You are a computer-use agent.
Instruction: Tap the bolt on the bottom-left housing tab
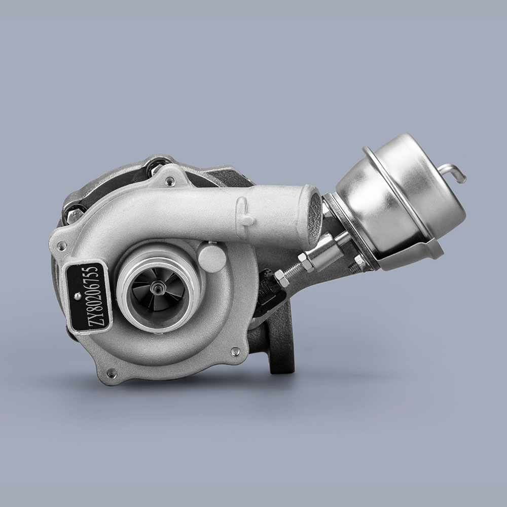(111, 374)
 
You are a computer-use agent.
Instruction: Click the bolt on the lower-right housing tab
(235, 351)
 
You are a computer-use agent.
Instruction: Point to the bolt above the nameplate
(62, 246)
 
